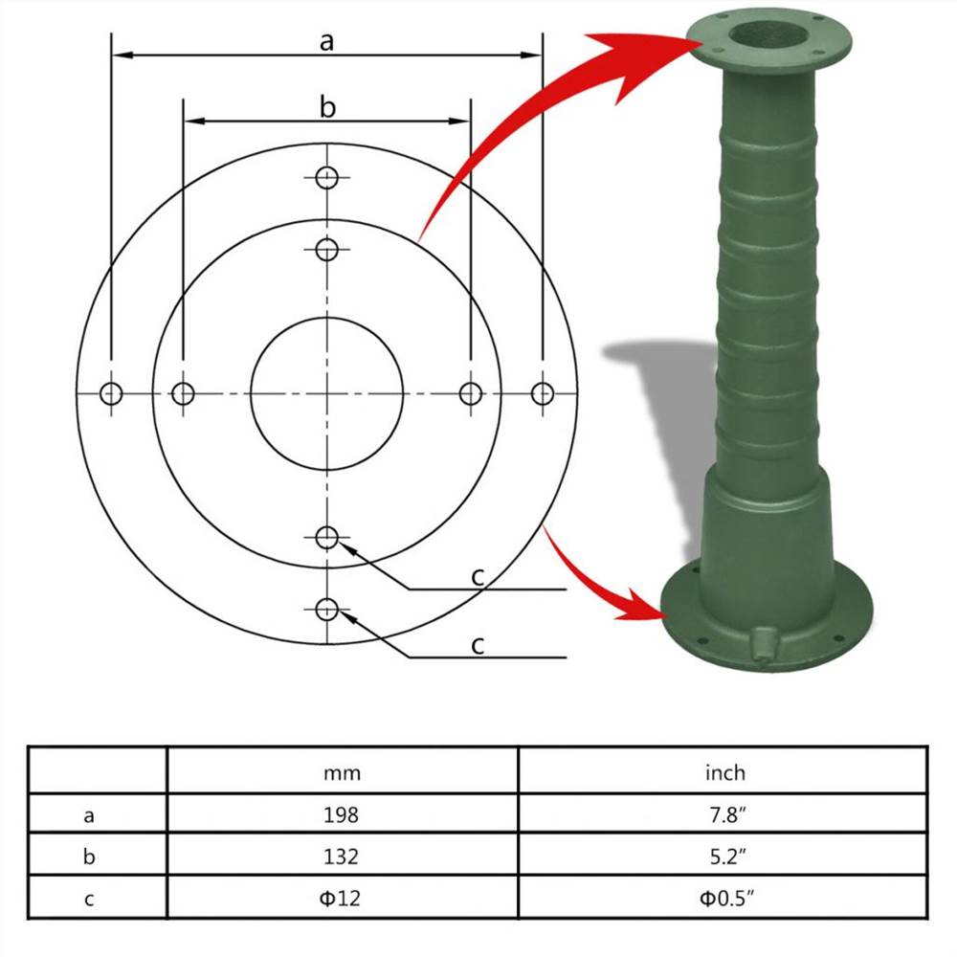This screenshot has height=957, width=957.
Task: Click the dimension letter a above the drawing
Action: point(327,41)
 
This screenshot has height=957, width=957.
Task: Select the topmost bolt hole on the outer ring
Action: point(327,178)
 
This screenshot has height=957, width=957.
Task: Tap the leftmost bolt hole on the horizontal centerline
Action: point(112,392)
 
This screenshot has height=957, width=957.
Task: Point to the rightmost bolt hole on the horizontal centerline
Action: point(543,392)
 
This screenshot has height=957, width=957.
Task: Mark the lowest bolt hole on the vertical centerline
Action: point(327,608)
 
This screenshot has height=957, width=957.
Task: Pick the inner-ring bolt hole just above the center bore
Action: point(327,250)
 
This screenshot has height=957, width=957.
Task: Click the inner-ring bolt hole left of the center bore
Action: point(183,392)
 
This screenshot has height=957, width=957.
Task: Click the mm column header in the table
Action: point(343,772)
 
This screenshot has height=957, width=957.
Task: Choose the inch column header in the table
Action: point(723,772)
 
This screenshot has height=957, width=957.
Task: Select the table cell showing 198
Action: point(343,815)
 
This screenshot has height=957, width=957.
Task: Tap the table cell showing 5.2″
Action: point(723,857)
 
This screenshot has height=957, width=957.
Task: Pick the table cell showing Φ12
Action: point(343,899)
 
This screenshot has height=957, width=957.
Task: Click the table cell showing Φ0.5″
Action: point(723,899)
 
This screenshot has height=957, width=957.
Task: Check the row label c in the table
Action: point(89,899)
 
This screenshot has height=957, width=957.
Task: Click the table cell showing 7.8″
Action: point(723,815)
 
